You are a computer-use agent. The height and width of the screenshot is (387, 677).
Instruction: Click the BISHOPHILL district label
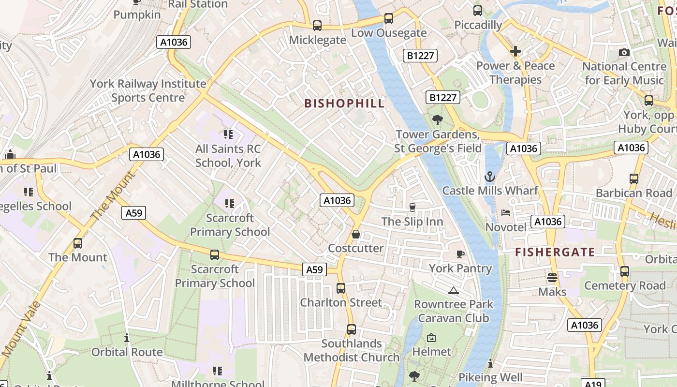[x=344, y=103]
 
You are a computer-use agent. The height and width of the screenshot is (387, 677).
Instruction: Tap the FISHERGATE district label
[x=555, y=252]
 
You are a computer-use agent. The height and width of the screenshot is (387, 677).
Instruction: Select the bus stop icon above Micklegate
[x=317, y=26]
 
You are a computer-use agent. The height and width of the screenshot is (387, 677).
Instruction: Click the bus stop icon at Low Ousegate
[x=389, y=19]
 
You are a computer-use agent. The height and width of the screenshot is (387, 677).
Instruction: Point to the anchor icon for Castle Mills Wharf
[x=490, y=177]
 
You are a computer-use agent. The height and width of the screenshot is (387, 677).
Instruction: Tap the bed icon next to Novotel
[x=505, y=213]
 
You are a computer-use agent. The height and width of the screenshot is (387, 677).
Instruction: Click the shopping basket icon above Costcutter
[x=356, y=234]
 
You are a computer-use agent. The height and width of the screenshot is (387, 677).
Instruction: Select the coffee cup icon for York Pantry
[x=460, y=254]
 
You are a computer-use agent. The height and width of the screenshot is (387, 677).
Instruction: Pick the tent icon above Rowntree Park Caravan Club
[x=453, y=290]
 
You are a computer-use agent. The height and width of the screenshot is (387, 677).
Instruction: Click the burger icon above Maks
[x=552, y=278]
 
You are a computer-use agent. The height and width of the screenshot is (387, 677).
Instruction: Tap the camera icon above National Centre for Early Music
[x=624, y=52]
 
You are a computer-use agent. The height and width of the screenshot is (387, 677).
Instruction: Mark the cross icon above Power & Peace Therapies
[x=515, y=51]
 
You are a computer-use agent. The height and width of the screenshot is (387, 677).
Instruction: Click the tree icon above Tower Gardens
[x=438, y=119]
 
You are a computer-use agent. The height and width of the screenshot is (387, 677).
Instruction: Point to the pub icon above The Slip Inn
[x=412, y=208]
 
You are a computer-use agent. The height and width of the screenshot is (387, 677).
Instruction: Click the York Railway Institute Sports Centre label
[x=148, y=90]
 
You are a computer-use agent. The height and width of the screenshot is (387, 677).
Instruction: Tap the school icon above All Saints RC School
[x=228, y=134]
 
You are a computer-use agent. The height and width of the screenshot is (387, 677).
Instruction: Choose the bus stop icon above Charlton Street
[x=341, y=288]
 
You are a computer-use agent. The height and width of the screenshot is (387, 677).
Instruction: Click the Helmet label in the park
[x=431, y=352]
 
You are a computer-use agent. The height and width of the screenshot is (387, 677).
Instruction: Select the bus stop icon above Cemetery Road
[x=625, y=271]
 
